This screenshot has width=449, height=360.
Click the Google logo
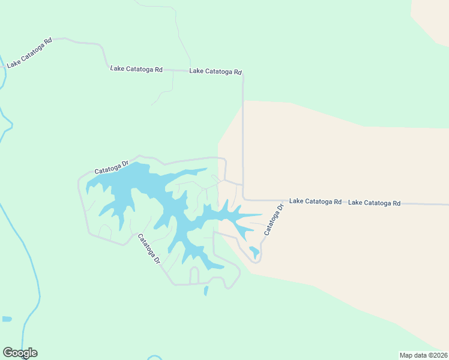[x=20, y=353]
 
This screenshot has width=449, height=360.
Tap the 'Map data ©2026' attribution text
[x=423, y=355]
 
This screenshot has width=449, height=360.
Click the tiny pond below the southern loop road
[x=206, y=291]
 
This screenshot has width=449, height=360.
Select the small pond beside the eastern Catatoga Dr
[x=255, y=252]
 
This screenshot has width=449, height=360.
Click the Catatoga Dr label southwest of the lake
[x=149, y=249]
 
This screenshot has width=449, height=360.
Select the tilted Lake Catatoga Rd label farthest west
[x=29, y=53]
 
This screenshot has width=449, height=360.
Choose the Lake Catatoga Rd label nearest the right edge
[x=374, y=203]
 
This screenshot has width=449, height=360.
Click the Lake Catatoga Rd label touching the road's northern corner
[x=215, y=71]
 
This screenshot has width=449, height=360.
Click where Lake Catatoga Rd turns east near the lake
[x=244, y=200]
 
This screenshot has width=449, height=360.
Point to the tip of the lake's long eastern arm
[x=261, y=214]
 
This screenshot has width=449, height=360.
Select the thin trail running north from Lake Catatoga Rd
[x=179, y=36]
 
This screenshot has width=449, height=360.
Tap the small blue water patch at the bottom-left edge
[x=7, y=319]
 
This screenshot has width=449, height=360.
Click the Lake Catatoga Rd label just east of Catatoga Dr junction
[x=315, y=202]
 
